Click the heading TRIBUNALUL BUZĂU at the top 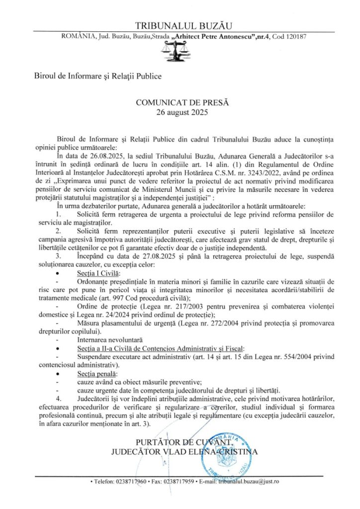180,26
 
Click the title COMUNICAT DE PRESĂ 180,103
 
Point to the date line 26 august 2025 180,112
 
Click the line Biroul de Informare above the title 98,76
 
